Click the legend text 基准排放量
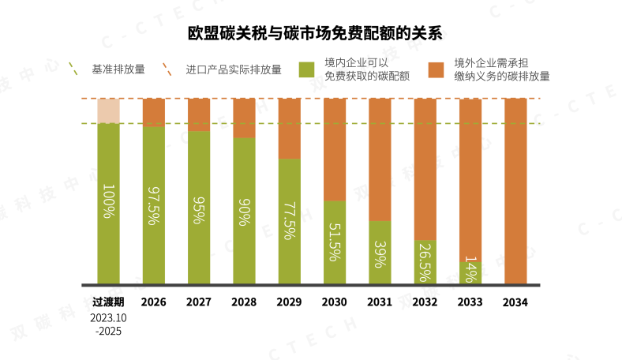[x=118, y=69]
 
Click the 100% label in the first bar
[x=109, y=201]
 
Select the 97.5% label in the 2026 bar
[x=154, y=206]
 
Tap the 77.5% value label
[x=289, y=220]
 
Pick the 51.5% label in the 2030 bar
[x=334, y=241]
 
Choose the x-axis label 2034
[x=515, y=302]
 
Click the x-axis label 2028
[x=244, y=302]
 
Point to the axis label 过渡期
[x=109, y=302]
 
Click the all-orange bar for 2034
[x=515, y=189]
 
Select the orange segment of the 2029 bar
[x=290, y=128]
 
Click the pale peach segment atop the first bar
[x=109, y=111]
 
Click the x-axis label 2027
[x=199, y=302]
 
